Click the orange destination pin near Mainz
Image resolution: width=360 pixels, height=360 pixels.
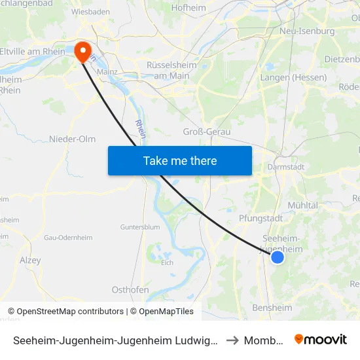(83, 52)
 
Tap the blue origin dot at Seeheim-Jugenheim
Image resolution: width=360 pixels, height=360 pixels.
(278, 257)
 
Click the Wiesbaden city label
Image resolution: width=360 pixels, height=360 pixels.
(90, 12)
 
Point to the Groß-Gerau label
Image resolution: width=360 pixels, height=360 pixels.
(206, 132)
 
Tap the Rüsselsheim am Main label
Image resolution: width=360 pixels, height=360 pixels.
(168, 71)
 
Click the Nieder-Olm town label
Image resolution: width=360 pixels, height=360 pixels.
(72, 139)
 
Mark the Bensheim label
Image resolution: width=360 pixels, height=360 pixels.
(272, 308)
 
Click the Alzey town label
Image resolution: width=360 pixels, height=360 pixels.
(30, 261)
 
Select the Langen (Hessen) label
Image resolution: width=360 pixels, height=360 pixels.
(293, 77)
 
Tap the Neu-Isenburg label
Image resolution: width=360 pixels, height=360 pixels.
(307, 31)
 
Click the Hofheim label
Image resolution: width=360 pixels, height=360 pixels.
(188, 8)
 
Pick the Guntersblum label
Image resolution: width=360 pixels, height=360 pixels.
(139, 227)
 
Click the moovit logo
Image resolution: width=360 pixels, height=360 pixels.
(321, 340)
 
